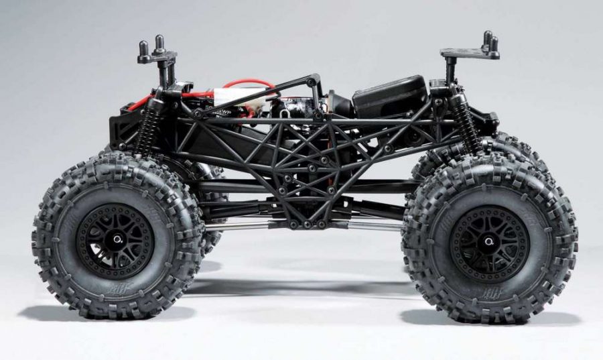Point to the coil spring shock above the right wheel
coord(463,121)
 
